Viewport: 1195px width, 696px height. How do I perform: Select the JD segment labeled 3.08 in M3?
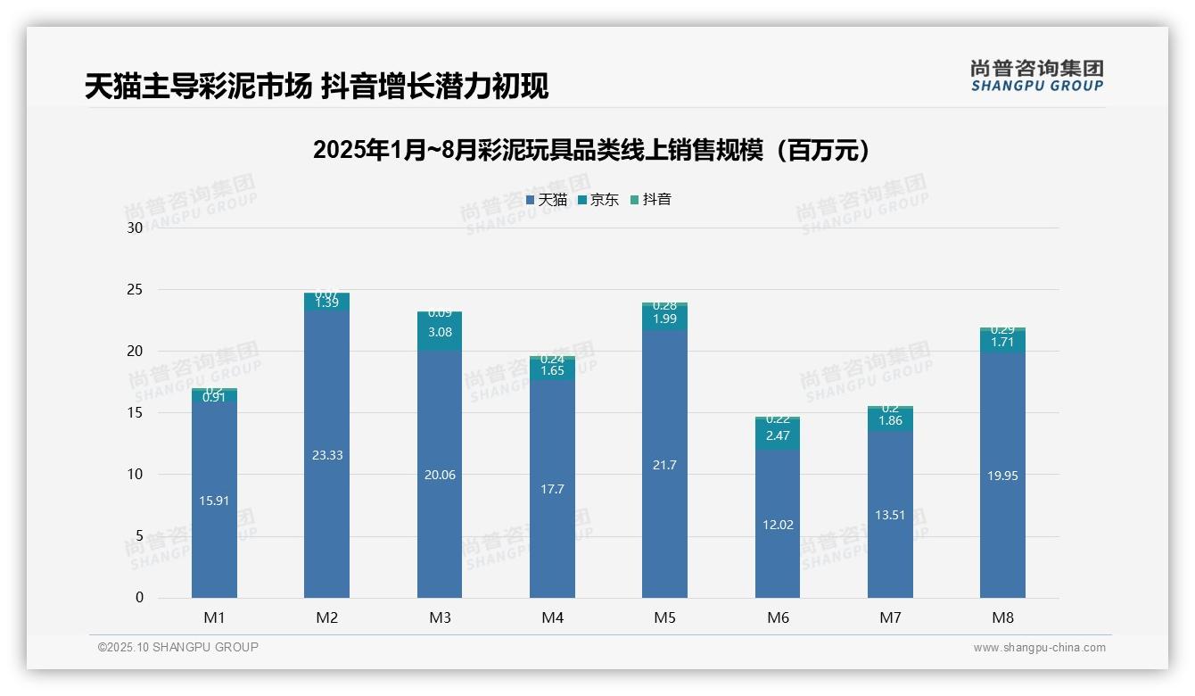(440, 332)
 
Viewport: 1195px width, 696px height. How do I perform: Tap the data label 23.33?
(326, 455)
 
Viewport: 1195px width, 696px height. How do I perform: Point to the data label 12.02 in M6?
(778, 525)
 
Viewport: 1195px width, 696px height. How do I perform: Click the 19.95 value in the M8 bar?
(1002, 476)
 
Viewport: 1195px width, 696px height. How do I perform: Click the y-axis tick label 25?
(135, 290)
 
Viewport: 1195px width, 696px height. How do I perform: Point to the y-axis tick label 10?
(135, 475)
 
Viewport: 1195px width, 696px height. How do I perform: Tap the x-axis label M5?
(665, 617)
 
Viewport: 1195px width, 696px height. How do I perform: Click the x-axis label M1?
(214, 617)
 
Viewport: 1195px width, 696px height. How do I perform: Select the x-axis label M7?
(890, 617)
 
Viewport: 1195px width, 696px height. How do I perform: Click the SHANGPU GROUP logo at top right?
(1036, 76)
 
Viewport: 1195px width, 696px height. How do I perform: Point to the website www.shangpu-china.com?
(1039, 648)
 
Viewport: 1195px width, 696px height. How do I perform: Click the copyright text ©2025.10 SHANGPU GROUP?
(177, 648)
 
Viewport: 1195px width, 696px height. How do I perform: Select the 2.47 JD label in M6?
(778, 435)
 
